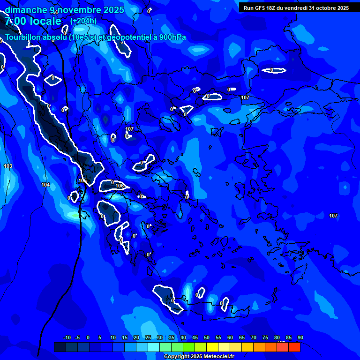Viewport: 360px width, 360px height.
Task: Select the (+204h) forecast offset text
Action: pos(83,21)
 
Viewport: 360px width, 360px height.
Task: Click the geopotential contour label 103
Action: pos(8,166)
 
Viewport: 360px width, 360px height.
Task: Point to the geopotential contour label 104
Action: pos(45,185)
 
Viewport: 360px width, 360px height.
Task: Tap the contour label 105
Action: pos(83,181)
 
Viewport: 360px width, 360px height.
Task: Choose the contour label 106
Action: pos(120,186)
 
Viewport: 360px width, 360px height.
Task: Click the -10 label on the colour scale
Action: pos(67,338)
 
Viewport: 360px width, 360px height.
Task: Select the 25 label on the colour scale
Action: pos(148,338)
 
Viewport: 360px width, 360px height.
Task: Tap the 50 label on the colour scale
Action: pos(206,338)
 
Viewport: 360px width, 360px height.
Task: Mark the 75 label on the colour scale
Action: pos(265,338)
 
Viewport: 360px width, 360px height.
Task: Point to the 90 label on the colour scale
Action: pos(300,338)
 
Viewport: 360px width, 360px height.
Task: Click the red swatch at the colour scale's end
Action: pos(294,347)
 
